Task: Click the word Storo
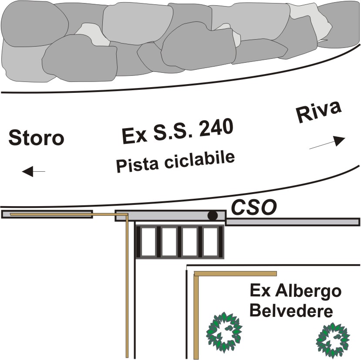click(x=36, y=138)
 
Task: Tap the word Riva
click(x=319, y=112)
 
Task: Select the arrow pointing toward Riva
click(x=327, y=143)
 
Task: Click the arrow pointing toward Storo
click(x=34, y=171)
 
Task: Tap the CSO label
click(x=254, y=207)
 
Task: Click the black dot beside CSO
click(x=213, y=215)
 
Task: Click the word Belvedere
click(x=291, y=310)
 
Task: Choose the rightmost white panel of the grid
click(x=210, y=242)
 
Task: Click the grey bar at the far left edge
click(x=47, y=214)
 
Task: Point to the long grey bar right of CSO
click(x=292, y=222)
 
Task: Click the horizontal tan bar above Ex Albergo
click(x=235, y=274)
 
